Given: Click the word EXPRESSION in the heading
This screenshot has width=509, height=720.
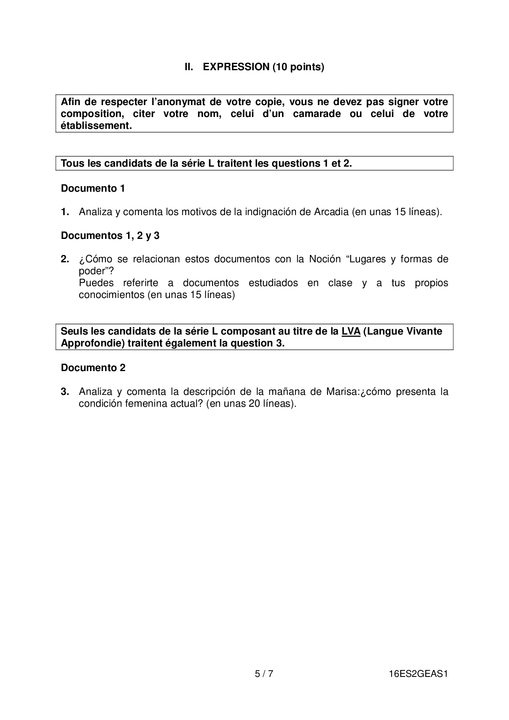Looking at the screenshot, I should tap(236, 67).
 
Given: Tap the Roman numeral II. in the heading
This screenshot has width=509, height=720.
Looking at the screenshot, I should tap(189, 67).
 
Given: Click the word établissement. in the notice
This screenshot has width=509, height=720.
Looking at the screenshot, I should tap(96, 126).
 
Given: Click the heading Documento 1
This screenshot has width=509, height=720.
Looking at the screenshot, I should tap(93, 188).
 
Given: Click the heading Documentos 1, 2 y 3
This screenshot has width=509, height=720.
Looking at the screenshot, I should tap(110, 236).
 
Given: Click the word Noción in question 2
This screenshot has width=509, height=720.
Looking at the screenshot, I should tap(325, 259).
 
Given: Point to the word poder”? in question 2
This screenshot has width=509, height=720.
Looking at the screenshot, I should tap(96, 271).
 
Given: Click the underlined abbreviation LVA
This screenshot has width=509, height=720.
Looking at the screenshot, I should tap(351, 331).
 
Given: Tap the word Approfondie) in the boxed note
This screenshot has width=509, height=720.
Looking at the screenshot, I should tap(92, 343).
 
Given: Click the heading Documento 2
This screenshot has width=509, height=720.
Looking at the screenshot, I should tap(93, 368).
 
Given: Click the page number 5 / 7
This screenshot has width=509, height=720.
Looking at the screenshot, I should tap(264, 674).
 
